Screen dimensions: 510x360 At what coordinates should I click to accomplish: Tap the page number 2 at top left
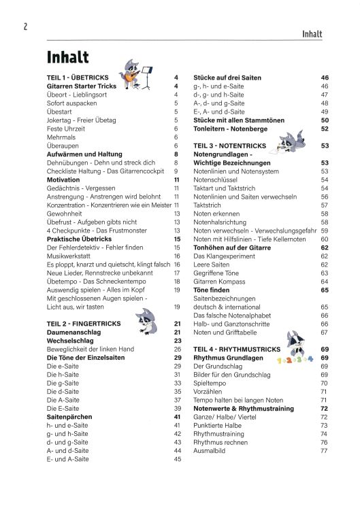24,27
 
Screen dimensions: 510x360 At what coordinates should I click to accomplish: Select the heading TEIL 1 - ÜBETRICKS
80,78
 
